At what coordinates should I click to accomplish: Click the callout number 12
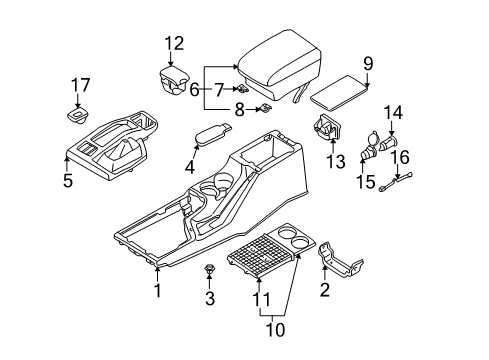pos(174,44)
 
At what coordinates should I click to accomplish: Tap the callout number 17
pos(80,85)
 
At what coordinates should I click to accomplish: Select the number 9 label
pos(368,63)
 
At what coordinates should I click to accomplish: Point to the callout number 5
pos(68,180)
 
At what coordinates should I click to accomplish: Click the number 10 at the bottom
pos(275,330)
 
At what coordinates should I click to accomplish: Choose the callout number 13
pos(336,162)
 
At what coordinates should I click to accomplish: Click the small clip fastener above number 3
pos(209,268)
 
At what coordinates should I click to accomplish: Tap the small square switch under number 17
pos(79,115)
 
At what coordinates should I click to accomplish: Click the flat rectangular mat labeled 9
pos(340,93)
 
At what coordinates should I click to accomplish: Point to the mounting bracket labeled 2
pos(339,261)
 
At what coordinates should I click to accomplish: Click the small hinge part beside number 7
pos(243,89)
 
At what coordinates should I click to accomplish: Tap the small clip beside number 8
pos(265,107)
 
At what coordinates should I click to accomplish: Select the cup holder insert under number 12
pos(173,81)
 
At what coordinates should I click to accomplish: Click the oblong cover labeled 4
pos(212,134)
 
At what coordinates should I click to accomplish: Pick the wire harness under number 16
pos(396,182)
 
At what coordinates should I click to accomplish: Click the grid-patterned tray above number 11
pos(261,254)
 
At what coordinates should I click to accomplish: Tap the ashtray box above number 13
pos(328,127)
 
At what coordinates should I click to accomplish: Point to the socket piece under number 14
pos(388,144)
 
